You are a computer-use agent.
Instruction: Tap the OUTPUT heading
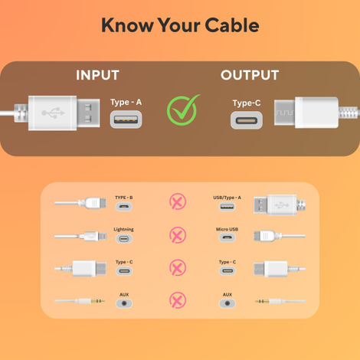pyautogui.click(x=250, y=75)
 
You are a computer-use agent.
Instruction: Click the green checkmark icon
pyautogui.click(x=183, y=110)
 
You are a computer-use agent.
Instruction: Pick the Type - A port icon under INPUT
pyautogui.click(x=125, y=119)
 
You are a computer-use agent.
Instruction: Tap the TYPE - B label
pyautogui.click(x=124, y=198)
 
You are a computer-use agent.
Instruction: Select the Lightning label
pyautogui.click(x=124, y=229)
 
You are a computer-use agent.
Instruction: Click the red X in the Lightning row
pyautogui.click(x=177, y=234)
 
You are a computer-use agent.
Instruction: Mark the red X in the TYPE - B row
pyautogui.click(x=177, y=202)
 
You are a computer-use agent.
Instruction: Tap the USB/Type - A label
pyautogui.click(x=227, y=198)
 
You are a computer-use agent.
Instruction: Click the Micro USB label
pyautogui.click(x=227, y=229)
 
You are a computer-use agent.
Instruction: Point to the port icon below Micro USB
pyautogui.click(x=227, y=238)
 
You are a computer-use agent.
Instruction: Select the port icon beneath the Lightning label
pyautogui.click(x=124, y=238)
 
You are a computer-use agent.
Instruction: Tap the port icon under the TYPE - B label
pyautogui.click(x=124, y=207)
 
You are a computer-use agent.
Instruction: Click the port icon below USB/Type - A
pyautogui.click(x=227, y=207)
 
